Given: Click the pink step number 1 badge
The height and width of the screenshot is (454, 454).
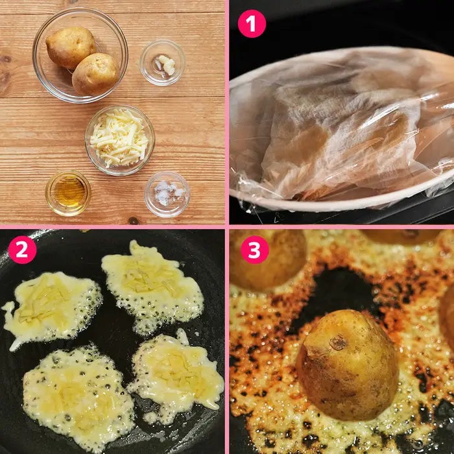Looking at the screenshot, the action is click(x=252, y=23).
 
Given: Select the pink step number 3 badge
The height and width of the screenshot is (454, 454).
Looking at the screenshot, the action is click(x=254, y=250).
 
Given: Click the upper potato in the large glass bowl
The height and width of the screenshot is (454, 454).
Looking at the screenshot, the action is click(x=70, y=47).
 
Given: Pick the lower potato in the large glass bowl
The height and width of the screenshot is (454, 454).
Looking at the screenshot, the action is click(x=96, y=73).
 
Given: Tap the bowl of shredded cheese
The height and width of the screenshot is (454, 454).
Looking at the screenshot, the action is click(x=119, y=140).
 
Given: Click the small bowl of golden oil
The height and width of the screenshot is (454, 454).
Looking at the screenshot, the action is click(x=68, y=193).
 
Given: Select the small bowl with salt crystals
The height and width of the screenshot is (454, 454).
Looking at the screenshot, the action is click(x=167, y=194).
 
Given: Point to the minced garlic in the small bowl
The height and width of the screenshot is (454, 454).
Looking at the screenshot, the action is click(x=165, y=64).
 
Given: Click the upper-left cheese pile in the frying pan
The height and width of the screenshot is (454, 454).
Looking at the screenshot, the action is click(x=52, y=307).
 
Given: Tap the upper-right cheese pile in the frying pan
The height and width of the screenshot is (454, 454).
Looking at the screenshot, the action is click(x=152, y=287).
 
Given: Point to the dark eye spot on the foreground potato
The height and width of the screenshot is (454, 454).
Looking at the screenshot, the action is click(x=338, y=343).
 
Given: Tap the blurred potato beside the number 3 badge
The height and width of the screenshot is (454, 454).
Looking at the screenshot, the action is click(x=269, y=261).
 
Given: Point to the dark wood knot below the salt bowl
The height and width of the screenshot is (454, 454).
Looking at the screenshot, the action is click(x=134, y=221).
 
